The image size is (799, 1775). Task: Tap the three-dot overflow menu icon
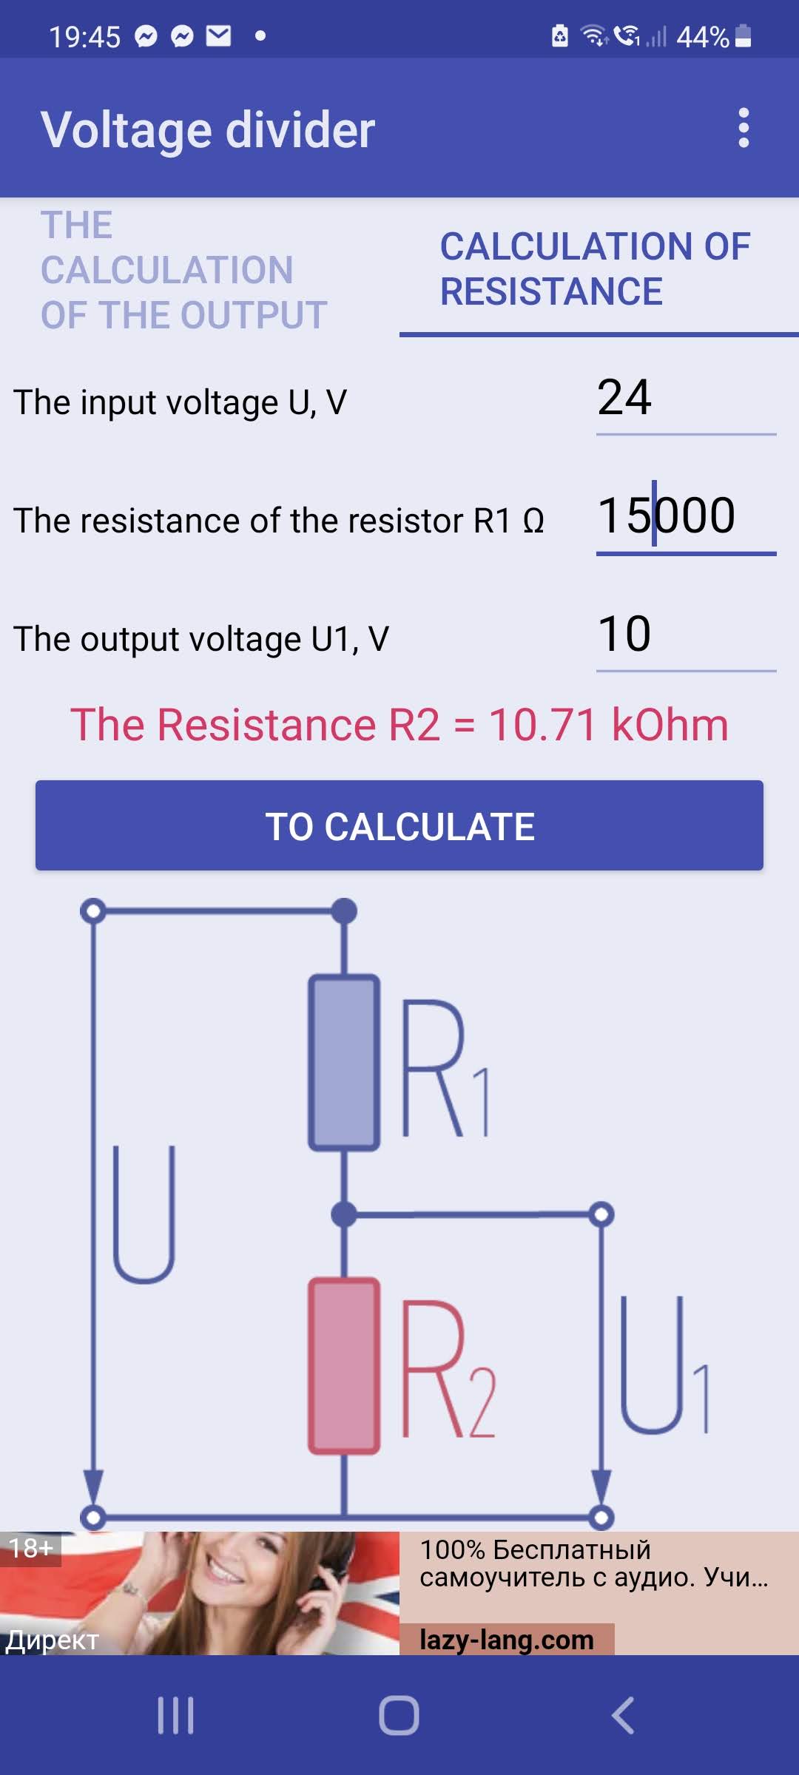[x=744, y=128]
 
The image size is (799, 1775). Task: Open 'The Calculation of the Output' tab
[x=184, y=270]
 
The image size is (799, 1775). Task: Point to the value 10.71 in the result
[x=542, y=725]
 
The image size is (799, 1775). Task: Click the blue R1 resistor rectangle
[x=344, y=1063]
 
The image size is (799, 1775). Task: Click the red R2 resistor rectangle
[x=344, y=1365]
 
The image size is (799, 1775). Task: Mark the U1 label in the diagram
[x=663, y=1365]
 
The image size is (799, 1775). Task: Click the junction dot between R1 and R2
[x=344, y=1214]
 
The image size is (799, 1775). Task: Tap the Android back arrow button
[x=623, y=1716]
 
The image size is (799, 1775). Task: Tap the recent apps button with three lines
[x=176, y=1716]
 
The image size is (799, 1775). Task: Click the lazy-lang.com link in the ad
[x=507, y=1640]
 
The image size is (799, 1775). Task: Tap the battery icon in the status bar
[x=744, y=35]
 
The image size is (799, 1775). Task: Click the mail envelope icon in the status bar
[x=218, y=35]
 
